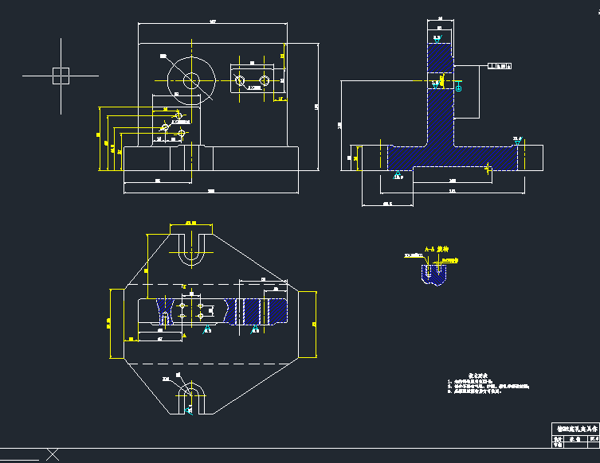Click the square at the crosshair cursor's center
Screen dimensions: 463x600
tap(61, 76)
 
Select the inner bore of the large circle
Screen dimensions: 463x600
tap(191, 80)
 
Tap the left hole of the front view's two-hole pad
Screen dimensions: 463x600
tap(240, 80)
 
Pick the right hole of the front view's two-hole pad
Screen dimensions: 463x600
tap(264, 80)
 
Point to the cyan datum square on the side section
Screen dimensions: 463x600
tap(459, 88)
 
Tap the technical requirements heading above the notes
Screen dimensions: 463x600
tap(476, 373)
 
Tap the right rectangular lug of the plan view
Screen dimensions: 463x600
tap(308, 325)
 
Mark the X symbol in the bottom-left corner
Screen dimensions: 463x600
tap(53, 455)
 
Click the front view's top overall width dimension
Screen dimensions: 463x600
tap(213, 21)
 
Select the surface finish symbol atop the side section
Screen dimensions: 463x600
tap(437, 37)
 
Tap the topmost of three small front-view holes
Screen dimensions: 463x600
tap(180, 115)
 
